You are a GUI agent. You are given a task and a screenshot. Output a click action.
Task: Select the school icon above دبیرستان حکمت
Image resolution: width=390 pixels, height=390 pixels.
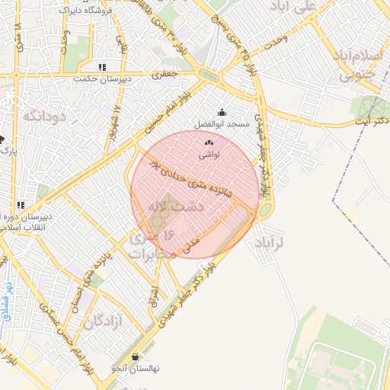[x=102, y=67]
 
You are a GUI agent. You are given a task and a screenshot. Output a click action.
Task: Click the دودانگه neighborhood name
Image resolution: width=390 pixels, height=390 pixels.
[x=46, y=116]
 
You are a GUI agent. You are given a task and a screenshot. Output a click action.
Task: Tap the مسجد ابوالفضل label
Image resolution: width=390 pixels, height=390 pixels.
[x=222, y=123]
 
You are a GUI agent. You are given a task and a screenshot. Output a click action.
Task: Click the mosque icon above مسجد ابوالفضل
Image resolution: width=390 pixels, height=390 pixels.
[x=222, y=113]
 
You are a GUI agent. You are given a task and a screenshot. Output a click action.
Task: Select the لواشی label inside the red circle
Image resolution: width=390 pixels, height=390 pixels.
[x=209, y=153]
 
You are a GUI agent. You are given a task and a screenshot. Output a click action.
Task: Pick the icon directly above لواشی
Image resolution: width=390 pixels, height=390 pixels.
[x=209, y=142]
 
